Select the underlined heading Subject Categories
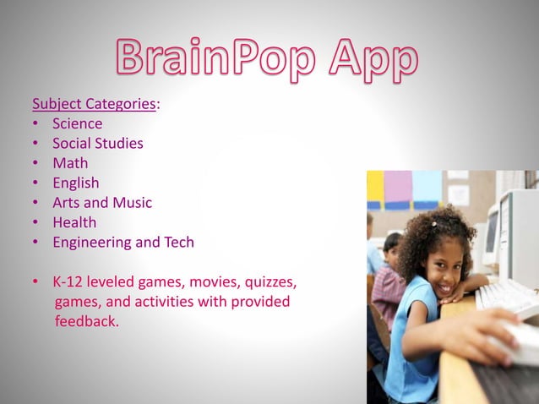94,104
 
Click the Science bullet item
77,123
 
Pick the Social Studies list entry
97,143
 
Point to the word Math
69,162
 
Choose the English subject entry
75,183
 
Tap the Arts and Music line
102,202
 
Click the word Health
74,222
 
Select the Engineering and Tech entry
122,242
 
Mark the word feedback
86,321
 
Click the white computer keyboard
507,297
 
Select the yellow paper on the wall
374,188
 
